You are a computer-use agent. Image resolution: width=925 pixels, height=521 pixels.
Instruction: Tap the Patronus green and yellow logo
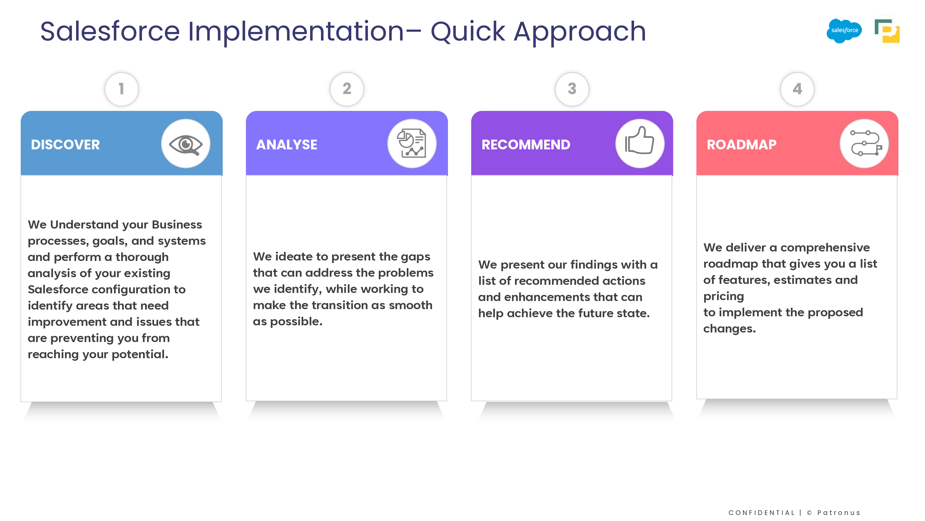(x=887, y=31)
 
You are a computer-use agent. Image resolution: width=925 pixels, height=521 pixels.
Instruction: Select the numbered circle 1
(x=121, y=89)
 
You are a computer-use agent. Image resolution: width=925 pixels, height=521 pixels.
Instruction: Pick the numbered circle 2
(x=347, y=89)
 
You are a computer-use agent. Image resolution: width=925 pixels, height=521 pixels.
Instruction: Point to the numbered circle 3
(x=572, y=89)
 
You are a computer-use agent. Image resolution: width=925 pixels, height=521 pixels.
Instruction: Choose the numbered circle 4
(x=797, y=89)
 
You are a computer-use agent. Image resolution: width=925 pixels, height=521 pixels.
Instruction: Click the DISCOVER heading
(x=65, y=144)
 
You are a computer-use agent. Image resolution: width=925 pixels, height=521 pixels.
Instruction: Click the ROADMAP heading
(x=742, y=144)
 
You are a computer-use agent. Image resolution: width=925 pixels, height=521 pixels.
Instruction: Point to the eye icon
(x=186, y=144)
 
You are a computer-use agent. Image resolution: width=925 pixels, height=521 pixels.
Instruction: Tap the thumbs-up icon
(x=640, y=140)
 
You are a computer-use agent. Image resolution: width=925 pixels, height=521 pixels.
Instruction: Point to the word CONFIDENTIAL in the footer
(x=762, y=513)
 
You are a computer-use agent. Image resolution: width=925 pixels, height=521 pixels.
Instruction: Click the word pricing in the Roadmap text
(x=724, y=296)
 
